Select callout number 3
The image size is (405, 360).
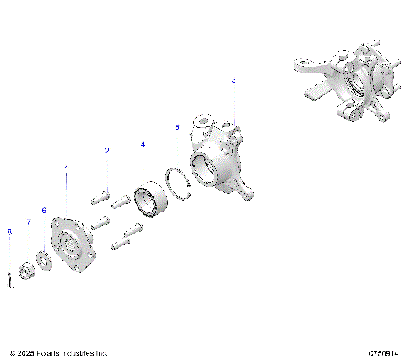click(x=234, y=79)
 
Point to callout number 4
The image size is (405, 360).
click(x=143, y=144)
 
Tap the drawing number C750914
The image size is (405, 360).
click(x=382, y=352)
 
